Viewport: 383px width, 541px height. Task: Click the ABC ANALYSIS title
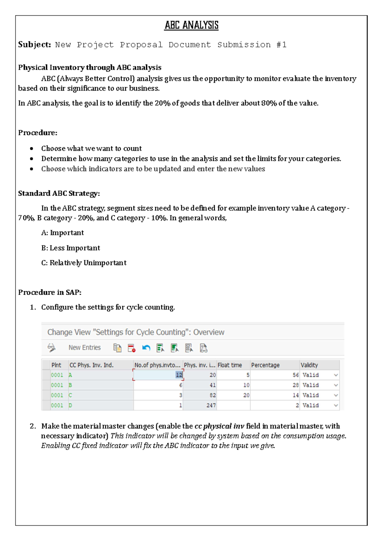point(191,25)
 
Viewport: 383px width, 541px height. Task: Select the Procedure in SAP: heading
point(50,292)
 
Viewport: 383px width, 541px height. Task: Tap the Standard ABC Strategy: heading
point(59,193)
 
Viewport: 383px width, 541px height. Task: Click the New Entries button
point(85,348)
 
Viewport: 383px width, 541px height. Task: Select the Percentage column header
point(265,365)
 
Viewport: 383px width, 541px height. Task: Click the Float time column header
point(230,365)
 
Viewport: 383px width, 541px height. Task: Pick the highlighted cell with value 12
point(179,375)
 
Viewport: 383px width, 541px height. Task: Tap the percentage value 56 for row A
point(296,375)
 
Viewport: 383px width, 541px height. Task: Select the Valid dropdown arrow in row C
point(336,395)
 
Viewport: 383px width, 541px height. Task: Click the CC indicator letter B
point(70,385)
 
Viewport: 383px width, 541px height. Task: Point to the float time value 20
point(246,395)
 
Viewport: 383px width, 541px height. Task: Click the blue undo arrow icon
point(146,348)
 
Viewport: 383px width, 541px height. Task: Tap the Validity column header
point(309,365)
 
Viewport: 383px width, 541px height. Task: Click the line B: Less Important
point(71,248)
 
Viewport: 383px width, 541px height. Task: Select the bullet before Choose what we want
point(32,149)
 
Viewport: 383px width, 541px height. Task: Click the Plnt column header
point(56,365)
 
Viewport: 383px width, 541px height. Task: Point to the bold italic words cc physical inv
point(219,426)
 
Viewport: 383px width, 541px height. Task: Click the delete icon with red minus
point(131,348)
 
